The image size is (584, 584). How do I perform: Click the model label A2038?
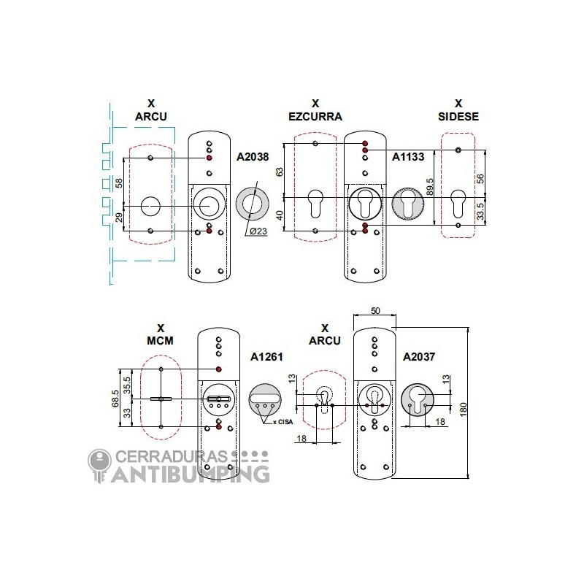[x=253, y=157]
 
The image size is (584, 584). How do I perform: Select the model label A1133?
[x=408, y=157]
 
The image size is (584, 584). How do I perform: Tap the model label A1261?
[x=266, y=357]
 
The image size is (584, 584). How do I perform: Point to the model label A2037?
[x=419, y=357]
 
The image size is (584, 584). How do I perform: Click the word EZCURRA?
[x=315, y=117]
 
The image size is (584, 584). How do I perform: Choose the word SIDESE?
[x=458, y=117]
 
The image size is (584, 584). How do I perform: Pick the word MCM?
[x=160, y=340]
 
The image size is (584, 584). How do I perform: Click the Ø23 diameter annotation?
[x=258, y=231]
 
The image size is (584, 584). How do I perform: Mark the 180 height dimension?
[x=464, y=410]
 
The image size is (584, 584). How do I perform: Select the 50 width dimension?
[x=375, y=311]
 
